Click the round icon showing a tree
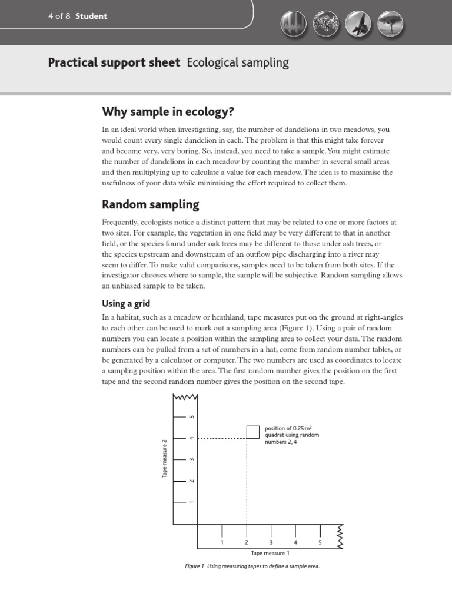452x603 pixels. (387, 24)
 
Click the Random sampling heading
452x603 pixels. (151, 204)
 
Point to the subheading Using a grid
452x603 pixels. (126, 303)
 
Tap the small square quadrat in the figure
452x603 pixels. (253, 431)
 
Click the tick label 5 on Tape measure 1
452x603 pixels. (320, 542)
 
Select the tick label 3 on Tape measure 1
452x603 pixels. (271, 542)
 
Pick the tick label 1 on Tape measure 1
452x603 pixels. (222, 542)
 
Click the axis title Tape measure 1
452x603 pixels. (270, 553)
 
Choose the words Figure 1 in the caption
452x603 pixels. (194, 566)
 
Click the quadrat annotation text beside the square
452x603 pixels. (292, 435)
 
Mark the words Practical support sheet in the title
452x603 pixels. (114, 62)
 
